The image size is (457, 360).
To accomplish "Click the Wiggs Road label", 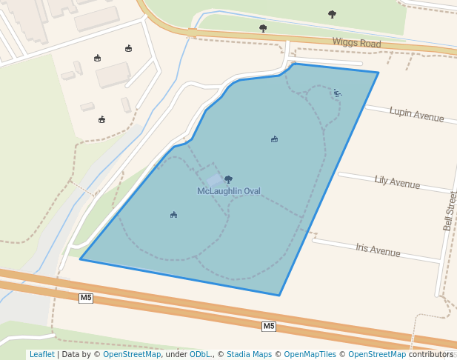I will click(x=356, y=43).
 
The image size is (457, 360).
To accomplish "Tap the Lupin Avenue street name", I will click(x=416, y=115).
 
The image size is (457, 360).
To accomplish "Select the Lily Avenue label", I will click(x=397, y=181).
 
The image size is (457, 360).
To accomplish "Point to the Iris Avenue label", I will click(x=378, y=250).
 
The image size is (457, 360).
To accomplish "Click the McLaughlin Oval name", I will click(x=229, y=191).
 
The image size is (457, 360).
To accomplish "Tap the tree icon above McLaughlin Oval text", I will click(x=228, y=179).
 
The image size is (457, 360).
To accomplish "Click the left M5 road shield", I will click(x=86, y=298).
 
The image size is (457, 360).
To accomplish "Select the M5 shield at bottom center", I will click(x=268, y=326).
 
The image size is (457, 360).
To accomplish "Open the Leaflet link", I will click(x=42, y=354).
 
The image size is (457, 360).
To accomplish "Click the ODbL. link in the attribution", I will click(x=200, y=354).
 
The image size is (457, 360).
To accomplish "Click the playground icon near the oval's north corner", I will click(x=337, y=93).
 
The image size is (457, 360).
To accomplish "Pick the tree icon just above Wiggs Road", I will click(x=263, y=28).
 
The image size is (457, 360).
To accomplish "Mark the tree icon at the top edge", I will click(x=332, y=13).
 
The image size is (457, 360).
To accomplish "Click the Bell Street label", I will click(x=450, y=210).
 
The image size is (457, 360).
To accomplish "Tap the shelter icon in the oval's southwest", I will click(x=173, y=215).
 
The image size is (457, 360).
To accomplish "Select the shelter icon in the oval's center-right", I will click(x=274, y=139).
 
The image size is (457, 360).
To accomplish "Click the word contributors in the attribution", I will click(x=430, y=354).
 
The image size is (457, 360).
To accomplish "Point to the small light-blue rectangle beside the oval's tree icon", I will click(x=213, y=179).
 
